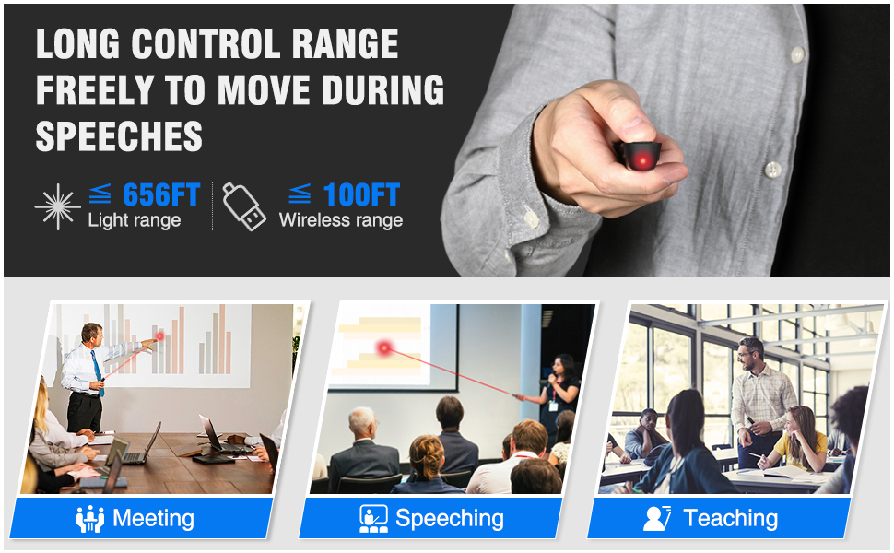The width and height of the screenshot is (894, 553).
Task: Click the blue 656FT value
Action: (160, 194)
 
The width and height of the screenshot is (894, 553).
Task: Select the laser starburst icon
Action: (57, 206)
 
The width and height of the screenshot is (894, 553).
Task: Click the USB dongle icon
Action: (243, 206)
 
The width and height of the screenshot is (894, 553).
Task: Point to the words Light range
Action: (134, 220)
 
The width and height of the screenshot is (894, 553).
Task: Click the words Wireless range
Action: (340, 220)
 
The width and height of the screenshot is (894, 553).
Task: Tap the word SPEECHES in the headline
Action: (119, 137)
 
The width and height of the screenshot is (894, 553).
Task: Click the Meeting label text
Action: (153, 518)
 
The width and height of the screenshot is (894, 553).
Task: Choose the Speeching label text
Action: (449, 518)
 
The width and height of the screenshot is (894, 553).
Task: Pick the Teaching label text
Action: (730, 518)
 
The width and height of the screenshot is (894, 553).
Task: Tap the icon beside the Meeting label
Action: (89, 518)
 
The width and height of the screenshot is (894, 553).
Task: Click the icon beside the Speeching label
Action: (372, 518)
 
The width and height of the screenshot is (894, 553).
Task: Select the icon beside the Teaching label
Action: (656, 518)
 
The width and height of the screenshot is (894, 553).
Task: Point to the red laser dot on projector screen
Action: (383, 347)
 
